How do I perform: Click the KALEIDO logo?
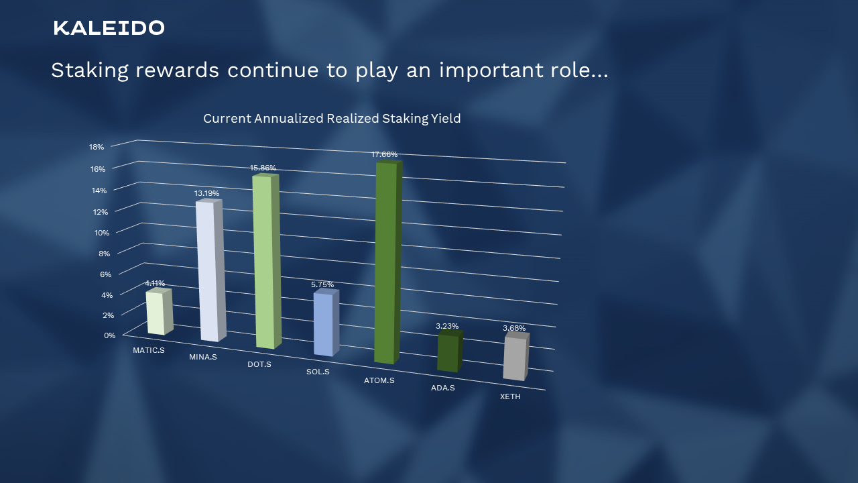coord(109,28)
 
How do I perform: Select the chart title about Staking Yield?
coord(332,119)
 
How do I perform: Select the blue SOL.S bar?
coord(324,325)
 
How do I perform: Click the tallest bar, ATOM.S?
coord(386,263)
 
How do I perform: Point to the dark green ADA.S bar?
coord(448,353)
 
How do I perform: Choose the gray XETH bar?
coord(515,358)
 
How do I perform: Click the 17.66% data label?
coord(384,154)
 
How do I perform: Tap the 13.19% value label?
coord(206,193)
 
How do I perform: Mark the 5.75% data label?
coord(322,284)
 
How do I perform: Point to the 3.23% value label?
coord(447,326)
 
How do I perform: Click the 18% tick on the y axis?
coord(97,147)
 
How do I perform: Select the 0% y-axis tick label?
coord(109,335)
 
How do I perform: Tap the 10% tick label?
coord(101,232)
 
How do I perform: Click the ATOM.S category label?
coord(379,380)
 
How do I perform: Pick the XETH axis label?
coord(510,396)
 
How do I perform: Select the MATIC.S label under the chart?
coord(149,350)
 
